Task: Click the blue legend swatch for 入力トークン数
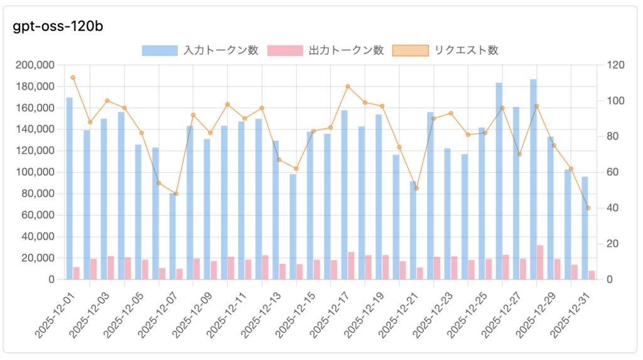click(159, 50)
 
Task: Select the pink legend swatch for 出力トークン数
click(285, 50)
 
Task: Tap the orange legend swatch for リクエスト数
click(410, 50)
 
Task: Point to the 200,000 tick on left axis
click(33, 65)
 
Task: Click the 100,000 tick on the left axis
click(33, 172)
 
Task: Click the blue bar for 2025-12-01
click(69, 188)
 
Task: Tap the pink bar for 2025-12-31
click(592, 275)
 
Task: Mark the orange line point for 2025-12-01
click(73, 77)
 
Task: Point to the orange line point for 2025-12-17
click(348, 86)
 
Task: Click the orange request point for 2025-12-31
click(588, 208)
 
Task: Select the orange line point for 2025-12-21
click(416, 188)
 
